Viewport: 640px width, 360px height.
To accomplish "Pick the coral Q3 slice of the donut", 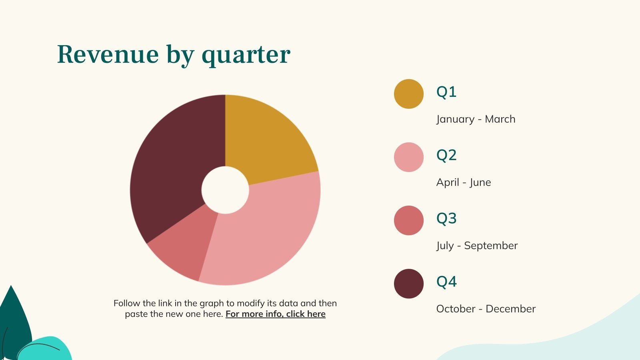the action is pyautogui.click(x=186, y=246).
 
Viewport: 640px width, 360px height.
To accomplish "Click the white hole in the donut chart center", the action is pyautogui.click(x=225, y=190).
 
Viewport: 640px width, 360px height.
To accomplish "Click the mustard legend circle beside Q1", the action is pyautogui.click(x=408, y=94).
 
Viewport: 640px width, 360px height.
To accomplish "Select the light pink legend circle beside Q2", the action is pyautogui.click(x=408, y=157).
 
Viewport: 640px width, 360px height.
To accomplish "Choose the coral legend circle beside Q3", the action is pyautogui.click(x=408, y=220).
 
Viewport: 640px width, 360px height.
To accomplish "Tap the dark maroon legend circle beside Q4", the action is pyautogui.click(x=408, y=284).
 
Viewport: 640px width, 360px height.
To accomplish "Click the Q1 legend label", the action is pyautogui.click(x=446, y=92).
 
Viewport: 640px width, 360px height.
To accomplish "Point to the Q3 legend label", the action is pyautogui.click(x=446, y=218).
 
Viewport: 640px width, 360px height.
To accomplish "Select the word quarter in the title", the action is pyautogui.click(x=246, y=56).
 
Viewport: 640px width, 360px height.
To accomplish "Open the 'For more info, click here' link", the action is pyautogui.click(x=276, y=314).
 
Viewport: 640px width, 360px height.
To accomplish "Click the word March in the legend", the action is pyautogui.click(x=500, y=119).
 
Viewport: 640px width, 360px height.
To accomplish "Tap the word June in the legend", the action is pyautogui.click(x=480, y=182).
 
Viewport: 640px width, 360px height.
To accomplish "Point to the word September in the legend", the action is pyautogui.click(x=491, y=246).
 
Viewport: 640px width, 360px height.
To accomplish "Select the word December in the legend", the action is pyautogui.click(x=510, y=309).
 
